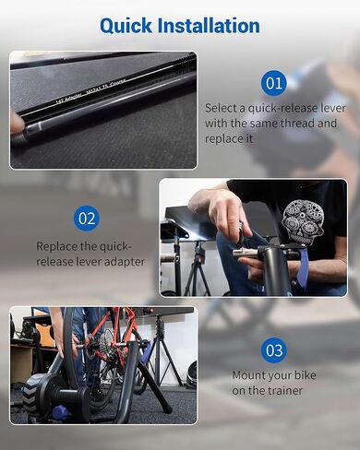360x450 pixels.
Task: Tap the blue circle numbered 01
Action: point(273,83)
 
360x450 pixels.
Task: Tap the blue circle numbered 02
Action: point(87,219)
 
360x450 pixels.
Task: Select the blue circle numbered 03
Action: point(273,350)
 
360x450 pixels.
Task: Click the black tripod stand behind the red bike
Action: point(162,355)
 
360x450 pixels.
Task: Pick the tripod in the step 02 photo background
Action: point(196,267)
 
